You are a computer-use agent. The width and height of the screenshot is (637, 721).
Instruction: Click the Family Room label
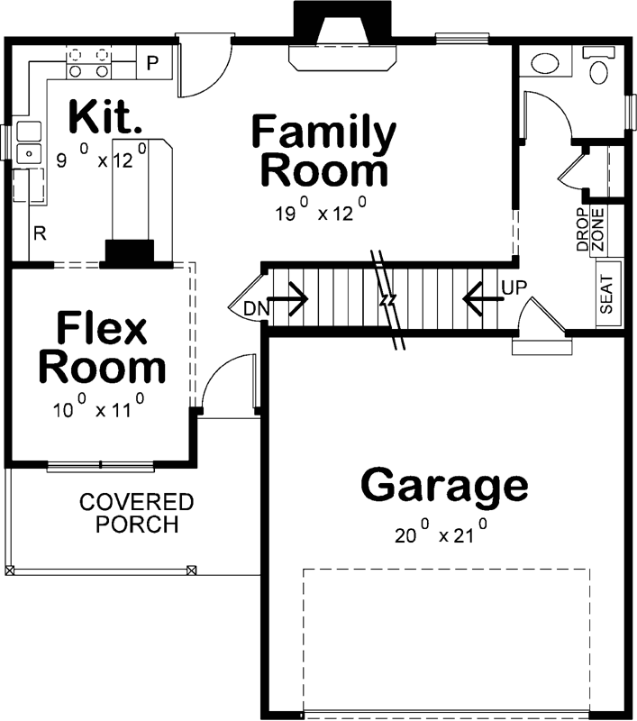(x=323, y=151)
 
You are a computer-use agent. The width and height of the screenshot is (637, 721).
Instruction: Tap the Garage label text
(x=444, y=486)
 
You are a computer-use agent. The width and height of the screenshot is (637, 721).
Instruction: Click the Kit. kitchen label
(x=106, y=118)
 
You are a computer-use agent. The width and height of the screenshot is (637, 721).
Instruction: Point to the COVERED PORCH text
(x=135, y=513)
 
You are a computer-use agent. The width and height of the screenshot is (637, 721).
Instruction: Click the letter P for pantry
(x=152, y=63)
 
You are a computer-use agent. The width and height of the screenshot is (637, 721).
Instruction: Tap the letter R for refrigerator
(x=41, y=233)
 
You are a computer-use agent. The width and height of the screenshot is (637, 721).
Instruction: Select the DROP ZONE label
(x=589, y=230)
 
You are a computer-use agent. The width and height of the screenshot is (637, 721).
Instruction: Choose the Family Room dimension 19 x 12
(x=320, y=212)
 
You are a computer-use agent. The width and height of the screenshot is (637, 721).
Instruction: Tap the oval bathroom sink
(x=542, y=64)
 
